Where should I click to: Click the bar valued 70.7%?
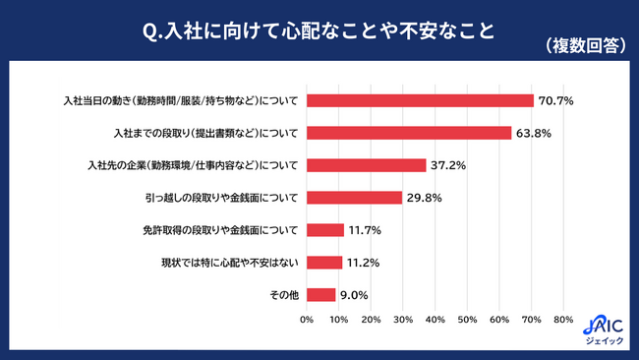click(x=420, y=100)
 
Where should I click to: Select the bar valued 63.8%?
click(x=409, y=133)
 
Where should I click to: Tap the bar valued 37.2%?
click(x=367, y=165)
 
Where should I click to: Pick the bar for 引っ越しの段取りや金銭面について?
click(x=355, y=198)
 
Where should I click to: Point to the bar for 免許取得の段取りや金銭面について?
click(x=325, y=230)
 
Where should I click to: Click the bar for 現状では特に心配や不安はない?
click(x=324, y=263)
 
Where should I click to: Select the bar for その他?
click(x=321, y=295)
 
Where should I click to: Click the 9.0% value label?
click(x=354, y=295)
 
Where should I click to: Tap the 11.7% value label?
click(x=365, y=230)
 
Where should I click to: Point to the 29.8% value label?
click(x=425, y=198)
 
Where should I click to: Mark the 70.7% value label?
click(x=555, y=100)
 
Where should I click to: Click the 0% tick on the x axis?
click(x=307, y=320)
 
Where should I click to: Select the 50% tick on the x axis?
click(x=467, y=320)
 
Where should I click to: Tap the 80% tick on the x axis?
click(x=563, y=320)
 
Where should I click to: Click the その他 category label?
click(x=284, y=295)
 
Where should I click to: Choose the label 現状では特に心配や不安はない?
click(x=230, y=263)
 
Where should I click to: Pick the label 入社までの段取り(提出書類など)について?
click(x=205, y=134)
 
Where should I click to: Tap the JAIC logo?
click(x=604, y=330)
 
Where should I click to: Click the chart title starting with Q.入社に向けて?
click(x=319, y=31)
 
